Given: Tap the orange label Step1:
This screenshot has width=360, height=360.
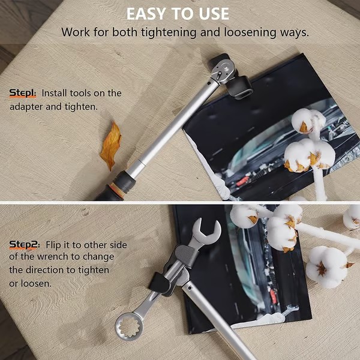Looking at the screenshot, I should pyautogui.click(x=23, y=93).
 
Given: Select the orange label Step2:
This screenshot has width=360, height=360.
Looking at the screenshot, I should pyautogui.click(x=24, y=244).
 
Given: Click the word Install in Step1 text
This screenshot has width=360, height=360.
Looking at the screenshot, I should pyautogui.click(x=55, y=93).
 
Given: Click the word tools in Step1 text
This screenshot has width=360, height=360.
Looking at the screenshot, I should pyautogui.click(x=86, y=93).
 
